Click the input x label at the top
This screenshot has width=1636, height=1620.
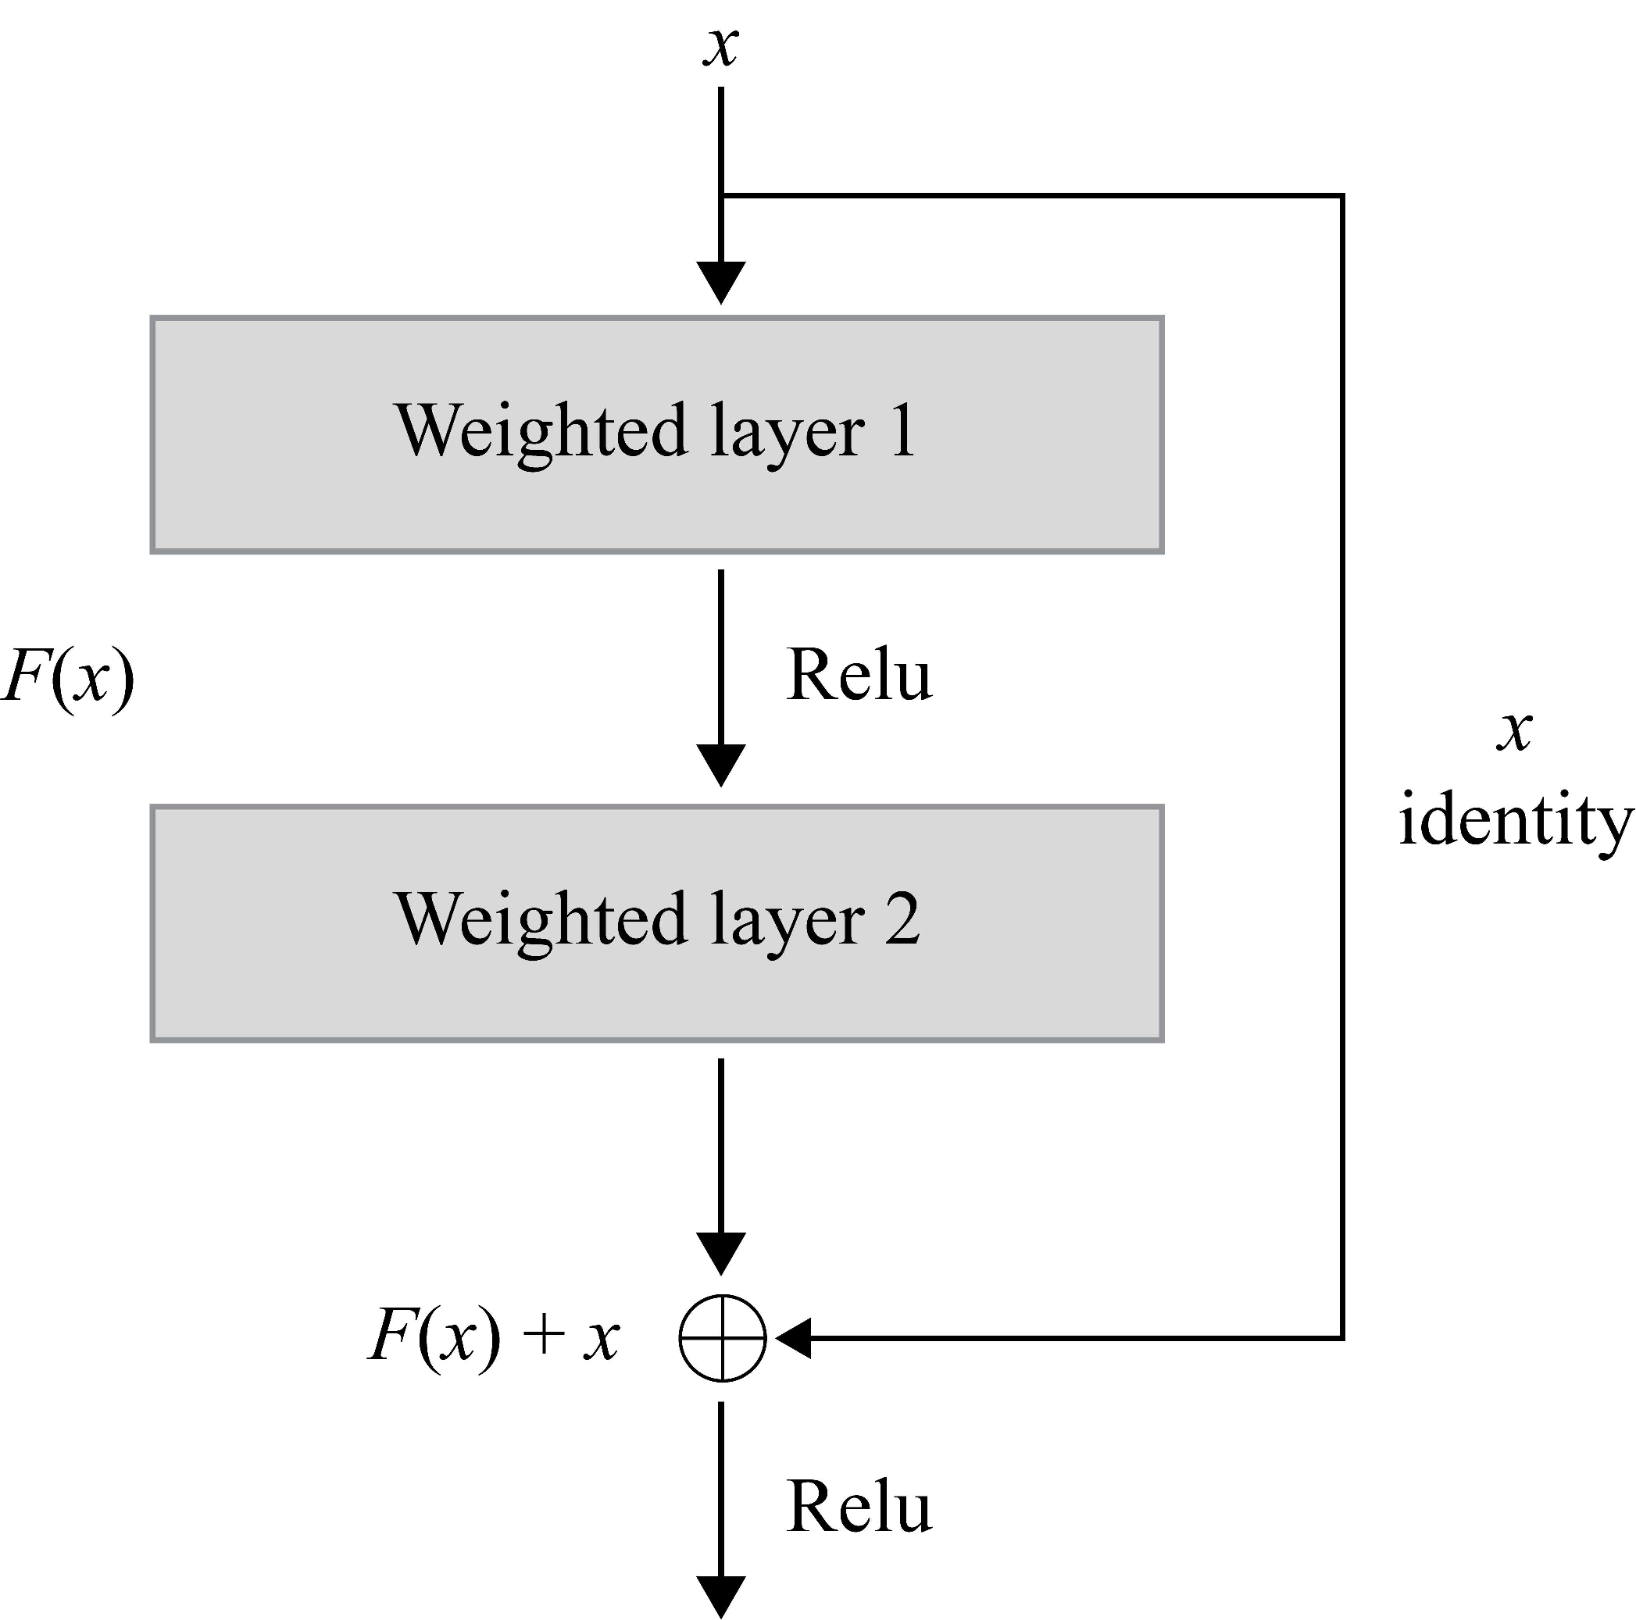coord(720,47)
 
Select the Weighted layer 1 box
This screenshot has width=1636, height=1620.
coord(657,435)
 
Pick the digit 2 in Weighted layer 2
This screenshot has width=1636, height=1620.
coord(902,920)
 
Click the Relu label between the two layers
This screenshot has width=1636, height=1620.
coord(859,676)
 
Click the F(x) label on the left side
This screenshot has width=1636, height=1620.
coord(68,677)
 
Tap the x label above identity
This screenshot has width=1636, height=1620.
coord(1515,730)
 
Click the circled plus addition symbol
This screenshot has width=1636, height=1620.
coord(723,1338)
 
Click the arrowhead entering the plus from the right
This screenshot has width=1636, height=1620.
coord(795,1338)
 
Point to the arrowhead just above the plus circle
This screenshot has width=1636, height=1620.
coord(720,1253)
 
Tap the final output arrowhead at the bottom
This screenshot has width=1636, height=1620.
coord(720,1596)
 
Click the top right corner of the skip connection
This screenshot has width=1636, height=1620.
coord(1342,196)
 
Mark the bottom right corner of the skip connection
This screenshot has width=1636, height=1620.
coord(1342,1338)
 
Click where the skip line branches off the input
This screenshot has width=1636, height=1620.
coord(721,196)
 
